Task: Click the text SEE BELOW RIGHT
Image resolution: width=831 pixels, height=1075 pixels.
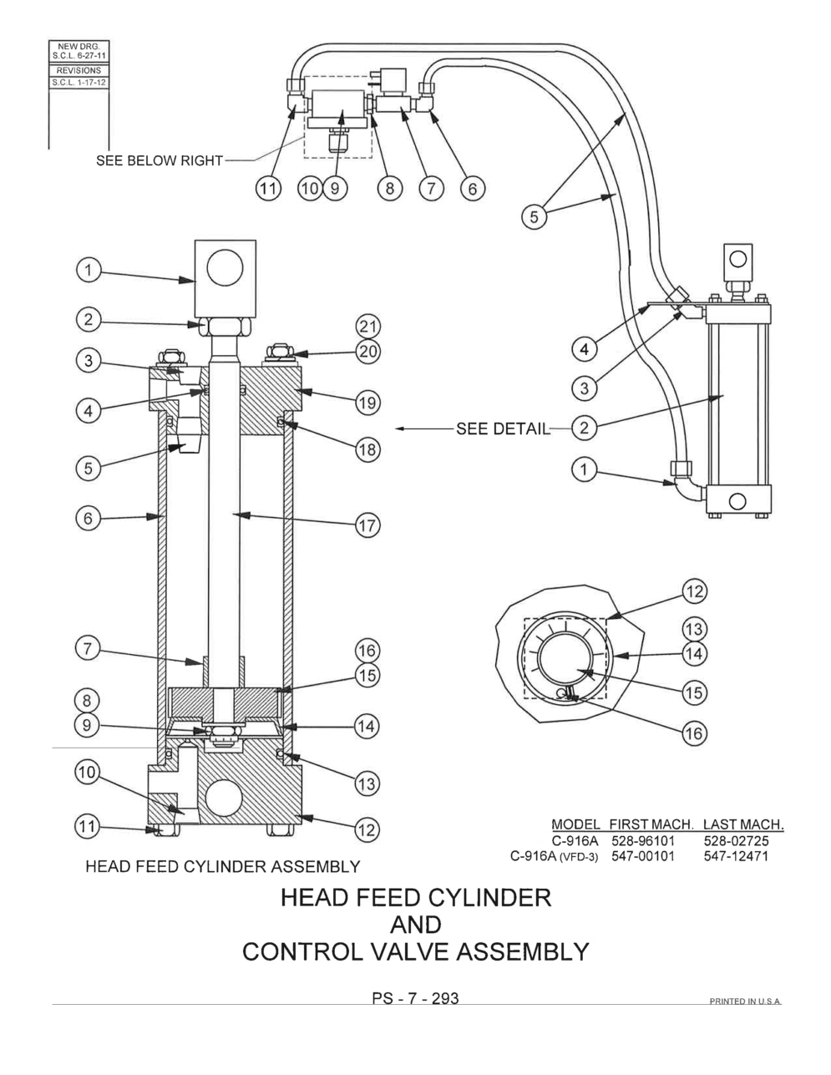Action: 159,160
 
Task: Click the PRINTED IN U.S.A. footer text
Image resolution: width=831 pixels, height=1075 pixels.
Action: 745,1001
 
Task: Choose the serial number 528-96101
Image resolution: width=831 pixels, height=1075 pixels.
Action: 641,840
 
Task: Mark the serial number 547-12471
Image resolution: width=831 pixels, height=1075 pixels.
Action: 736,855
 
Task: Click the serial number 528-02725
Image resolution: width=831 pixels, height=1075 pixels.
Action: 736,840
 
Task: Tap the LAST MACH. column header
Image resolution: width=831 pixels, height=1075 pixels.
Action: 742,825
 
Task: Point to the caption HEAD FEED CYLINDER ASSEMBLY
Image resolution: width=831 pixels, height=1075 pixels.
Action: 223,866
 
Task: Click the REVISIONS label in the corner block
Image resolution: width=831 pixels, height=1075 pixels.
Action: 79,71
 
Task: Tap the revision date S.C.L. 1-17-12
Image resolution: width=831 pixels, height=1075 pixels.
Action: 79,83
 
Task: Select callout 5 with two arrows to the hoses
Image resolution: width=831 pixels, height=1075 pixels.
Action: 535,216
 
